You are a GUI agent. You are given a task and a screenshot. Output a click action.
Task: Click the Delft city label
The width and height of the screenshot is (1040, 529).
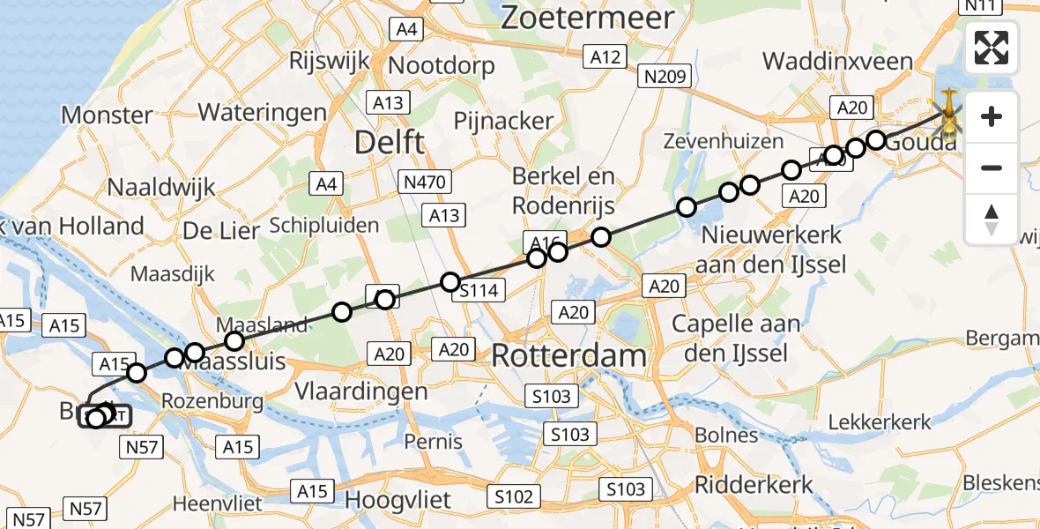tap(390, 141)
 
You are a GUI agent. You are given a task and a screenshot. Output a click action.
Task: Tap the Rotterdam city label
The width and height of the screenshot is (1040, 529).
tap(568, 356)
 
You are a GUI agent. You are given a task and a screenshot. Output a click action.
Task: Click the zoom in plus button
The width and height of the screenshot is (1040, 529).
tap(992, 116)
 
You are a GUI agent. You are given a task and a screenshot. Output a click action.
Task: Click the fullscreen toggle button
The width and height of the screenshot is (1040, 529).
tap(992, 48)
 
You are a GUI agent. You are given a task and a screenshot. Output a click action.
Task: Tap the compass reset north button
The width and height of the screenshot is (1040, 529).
tap(992, 220)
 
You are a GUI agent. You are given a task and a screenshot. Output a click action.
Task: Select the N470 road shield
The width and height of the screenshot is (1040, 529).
tap(425, 183)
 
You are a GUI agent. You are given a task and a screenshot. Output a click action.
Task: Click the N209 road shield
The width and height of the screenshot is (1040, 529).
tap(665, 77)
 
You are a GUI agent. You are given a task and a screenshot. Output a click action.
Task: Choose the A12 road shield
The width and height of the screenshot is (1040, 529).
tap(605, 57)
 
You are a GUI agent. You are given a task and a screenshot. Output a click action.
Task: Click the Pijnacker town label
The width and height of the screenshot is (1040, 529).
tap(503, 121)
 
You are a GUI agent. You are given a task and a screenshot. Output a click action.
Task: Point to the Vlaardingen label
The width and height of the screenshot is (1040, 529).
tap(361, 391)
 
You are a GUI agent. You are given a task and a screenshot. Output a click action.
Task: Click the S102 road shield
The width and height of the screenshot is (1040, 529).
tap(514, 496)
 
